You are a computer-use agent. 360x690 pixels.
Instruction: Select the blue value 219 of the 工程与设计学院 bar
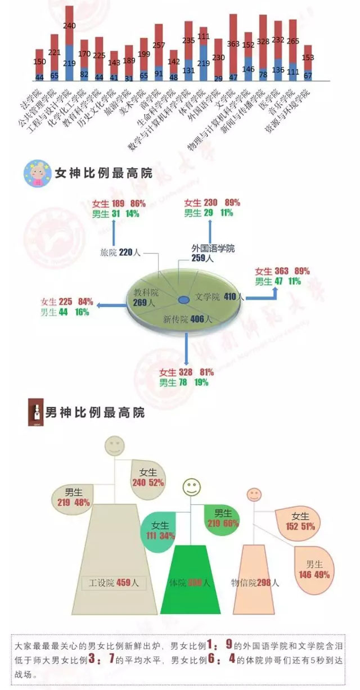tap(69, 64)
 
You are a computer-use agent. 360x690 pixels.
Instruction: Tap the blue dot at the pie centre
tap(183, 299)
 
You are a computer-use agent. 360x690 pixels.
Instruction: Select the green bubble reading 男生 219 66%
tap(222, 518)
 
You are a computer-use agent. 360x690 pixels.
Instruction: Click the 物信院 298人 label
tap(255, 583)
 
